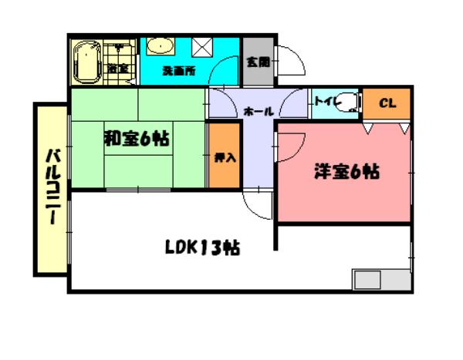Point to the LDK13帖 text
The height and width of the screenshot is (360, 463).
pos(201,247)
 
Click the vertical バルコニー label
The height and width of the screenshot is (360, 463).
pos(50,189)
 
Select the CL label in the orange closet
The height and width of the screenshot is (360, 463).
pos(387,103)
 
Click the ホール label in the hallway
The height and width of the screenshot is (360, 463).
pos(258,112)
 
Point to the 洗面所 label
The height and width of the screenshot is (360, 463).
pos(178,71)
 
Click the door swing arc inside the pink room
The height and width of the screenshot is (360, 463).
pos(292,146)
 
